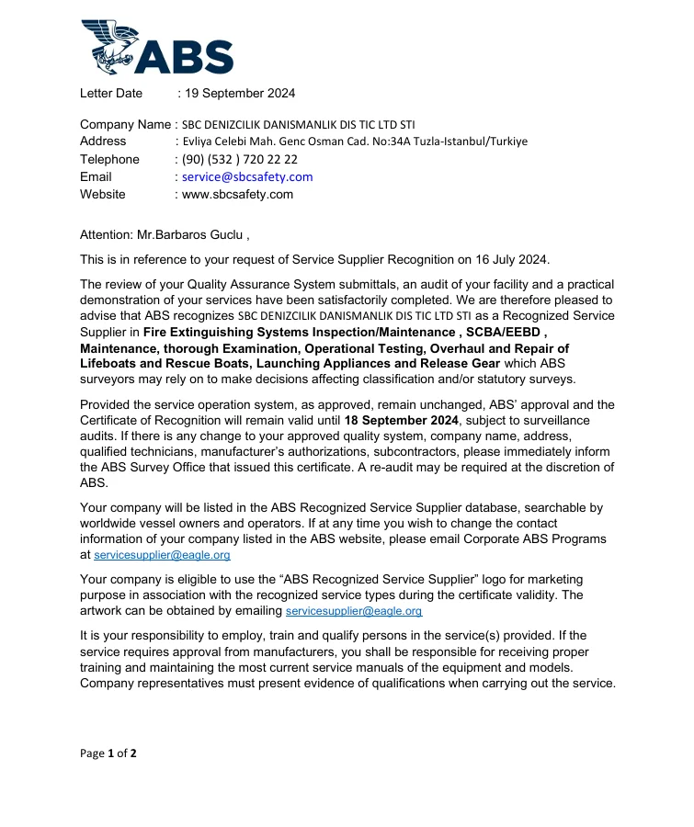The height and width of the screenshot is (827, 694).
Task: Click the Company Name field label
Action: (x=125, y=124)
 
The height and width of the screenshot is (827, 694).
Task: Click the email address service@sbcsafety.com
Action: (x=247, y=176)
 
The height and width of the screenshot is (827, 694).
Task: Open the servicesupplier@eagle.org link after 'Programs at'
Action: (x=162, y=555)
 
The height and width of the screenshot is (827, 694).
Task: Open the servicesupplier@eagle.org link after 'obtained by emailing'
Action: (x=354, y=610)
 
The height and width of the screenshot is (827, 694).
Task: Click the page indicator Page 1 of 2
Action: (x=108, y=753)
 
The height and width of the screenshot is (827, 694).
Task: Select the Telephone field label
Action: (x=109, y=159)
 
